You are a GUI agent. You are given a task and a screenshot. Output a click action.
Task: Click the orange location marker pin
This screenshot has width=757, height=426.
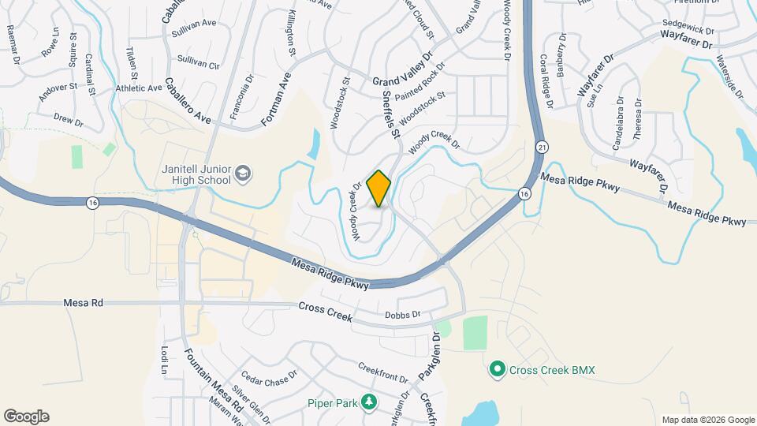[x=379, y=189]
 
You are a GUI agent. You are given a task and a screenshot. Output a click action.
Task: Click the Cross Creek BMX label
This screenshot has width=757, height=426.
[x=551, y=369]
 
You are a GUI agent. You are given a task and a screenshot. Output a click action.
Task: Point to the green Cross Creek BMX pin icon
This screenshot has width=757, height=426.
[x=497, y=369]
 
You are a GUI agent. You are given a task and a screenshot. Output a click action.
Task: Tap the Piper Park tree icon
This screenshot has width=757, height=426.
[x=368, y=403]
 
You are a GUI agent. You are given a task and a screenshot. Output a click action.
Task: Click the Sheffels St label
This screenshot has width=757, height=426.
[x=390, y=114]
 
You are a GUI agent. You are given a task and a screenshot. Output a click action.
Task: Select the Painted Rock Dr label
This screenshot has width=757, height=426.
[x=426, y=85]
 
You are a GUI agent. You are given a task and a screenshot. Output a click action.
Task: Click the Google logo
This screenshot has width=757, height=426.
[x=26, y=417]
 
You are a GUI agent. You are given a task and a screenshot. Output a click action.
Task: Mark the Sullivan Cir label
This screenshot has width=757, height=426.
[x=196, y=60]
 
